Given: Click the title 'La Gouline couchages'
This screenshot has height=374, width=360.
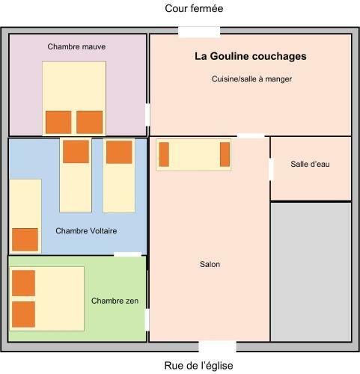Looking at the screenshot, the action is click(x=251, y=56).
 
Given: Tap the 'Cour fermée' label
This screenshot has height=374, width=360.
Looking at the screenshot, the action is click(x=194, y=8).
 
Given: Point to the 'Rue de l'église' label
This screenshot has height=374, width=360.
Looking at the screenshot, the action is click(x=198, y=366).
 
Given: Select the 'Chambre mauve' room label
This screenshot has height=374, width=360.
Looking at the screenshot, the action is click(x=76, y=46).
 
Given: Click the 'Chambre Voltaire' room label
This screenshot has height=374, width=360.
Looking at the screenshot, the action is click(x=86, y=231).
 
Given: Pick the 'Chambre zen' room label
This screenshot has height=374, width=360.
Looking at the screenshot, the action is click(x=115, y=301).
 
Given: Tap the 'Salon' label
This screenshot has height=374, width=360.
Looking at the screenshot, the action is click(x=210, y=264).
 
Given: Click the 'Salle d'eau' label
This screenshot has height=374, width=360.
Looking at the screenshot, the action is click(x=310, y=164).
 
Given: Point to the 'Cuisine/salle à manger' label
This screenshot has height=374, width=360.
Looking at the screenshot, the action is click(x=251, y=79).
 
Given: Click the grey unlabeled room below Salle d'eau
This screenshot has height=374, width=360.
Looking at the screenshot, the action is click(x=311, y=272).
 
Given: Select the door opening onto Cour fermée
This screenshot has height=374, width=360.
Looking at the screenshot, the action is click(x=199, y=32).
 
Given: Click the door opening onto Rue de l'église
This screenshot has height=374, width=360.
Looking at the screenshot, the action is click(x=217, y=346).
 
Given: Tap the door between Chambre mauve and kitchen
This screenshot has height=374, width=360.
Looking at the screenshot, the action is click(x=147, y=115).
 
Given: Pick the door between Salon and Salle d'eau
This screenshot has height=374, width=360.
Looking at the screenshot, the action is click(x=271, y=169).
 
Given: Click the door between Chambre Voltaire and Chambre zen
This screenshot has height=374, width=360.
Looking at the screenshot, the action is click(x=128, y=254).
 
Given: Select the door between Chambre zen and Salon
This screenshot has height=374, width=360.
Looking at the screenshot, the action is click(x=147, y=320).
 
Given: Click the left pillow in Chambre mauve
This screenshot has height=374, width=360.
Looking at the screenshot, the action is click(x=58, y=122).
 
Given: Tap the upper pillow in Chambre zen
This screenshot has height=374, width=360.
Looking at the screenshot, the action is click(x=23, y=283).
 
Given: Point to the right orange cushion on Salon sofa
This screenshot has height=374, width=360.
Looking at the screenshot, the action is click(x=225, y=154).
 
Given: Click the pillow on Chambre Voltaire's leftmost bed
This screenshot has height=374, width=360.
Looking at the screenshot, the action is click(x=25, y=239).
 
